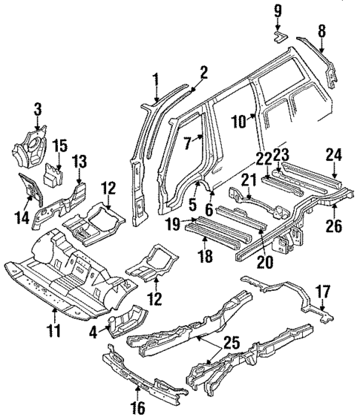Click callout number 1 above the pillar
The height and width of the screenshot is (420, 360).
(x=155, y=79)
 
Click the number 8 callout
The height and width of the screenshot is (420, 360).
(x=321, y=31)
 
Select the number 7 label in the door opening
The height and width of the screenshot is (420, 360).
(x=188, y=142)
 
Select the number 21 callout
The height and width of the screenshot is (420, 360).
(x=246, y=179)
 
